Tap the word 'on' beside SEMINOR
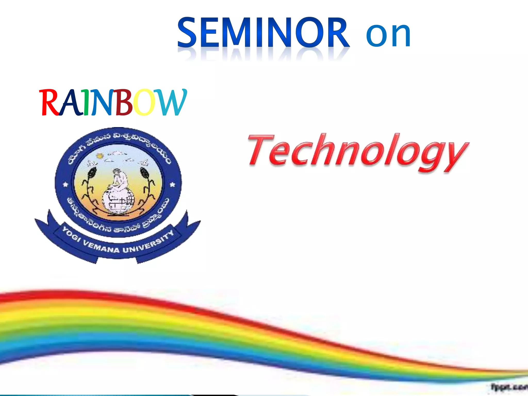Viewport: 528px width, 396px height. tap(388, 35)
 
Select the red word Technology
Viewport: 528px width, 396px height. tap(357, 152)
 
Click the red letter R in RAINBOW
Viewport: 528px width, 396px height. tap(49, 102)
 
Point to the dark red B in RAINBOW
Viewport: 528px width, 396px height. tap(123, 102)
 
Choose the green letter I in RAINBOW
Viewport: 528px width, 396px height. tap(86, 102)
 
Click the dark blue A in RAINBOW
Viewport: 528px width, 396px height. tap(70, 102)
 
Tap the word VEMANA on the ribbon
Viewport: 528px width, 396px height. tap(101, 246)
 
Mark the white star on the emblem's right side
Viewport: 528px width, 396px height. tap(172, 184)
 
